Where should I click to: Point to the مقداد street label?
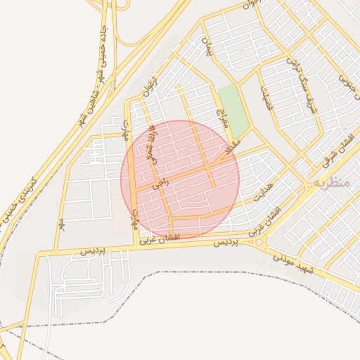(x=231, y=147)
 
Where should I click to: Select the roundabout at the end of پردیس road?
(x=261, y=242)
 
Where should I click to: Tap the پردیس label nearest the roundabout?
(x=226, y=242)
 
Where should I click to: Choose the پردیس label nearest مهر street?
(x=91, y=251)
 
